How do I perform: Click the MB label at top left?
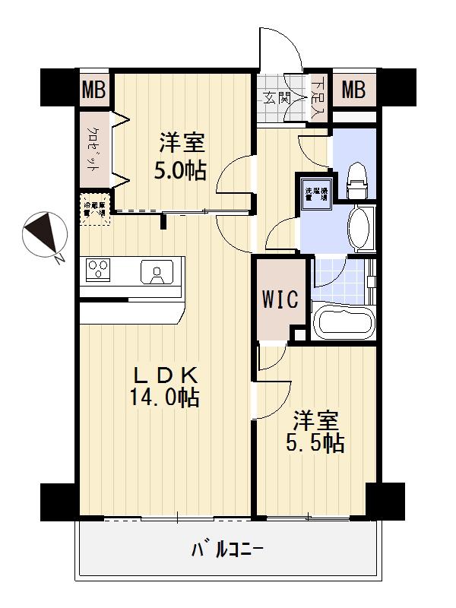tap(94, 90)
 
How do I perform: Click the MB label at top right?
tap(353, 90)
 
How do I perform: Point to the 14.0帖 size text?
tap(165, 397)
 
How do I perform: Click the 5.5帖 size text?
tap(315, 443)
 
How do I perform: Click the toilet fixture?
tap(356, 181)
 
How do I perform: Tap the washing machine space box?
tap(315, 192)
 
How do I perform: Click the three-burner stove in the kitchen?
tap(100, 268)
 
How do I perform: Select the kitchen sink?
tap(160, 271)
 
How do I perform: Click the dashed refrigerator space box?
tap(96, 209)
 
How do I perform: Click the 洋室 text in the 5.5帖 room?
tap(315, 420)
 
